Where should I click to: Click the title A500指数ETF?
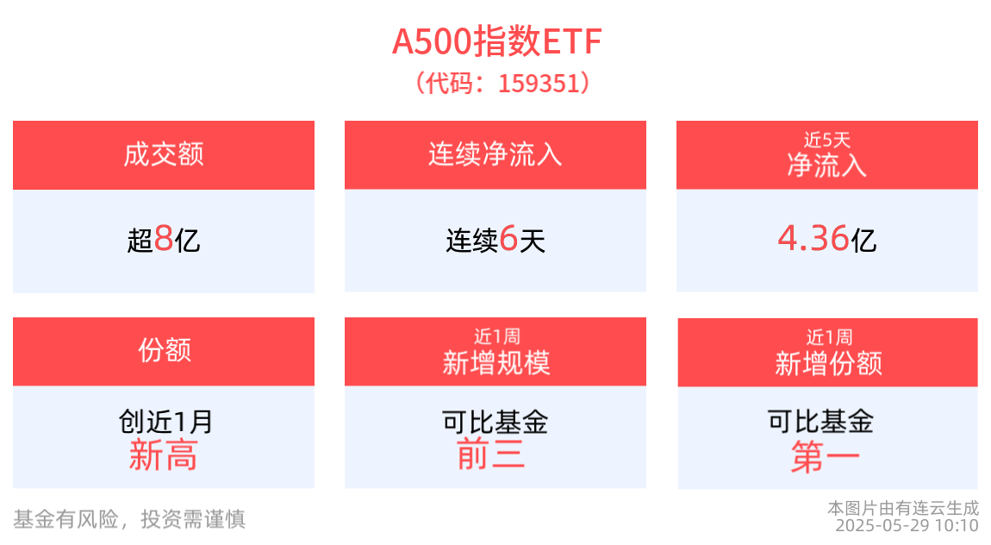[x=496, y=41]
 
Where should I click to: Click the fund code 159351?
[x=539, y=84]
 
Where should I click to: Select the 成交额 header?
[x=164, y=154]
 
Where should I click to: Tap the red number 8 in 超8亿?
[x=164, y=238]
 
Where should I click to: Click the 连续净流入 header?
[x=495, y=154]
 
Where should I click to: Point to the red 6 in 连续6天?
[x=508, y=239]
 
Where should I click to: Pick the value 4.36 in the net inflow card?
[x=813, y=238]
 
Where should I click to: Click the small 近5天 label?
[x=826, y=140]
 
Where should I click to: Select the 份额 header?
[x=165, y=349]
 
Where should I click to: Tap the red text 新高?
[x=163, y=455]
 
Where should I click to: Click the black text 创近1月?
[x=165, y=422]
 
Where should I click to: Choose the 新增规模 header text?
[x=496, y=363]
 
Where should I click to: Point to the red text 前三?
[x=491, y=454]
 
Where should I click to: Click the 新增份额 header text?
[x=829, y=364]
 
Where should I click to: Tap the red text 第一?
[x=825, y=456]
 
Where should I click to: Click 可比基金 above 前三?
[x=495, y=422]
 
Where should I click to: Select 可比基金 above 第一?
[x=821, y=421]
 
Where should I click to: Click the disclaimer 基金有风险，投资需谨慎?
[x=129, y=519]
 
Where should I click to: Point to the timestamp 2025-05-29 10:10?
[x=907, y=525]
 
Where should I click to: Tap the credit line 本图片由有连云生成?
[x=903, y=508]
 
